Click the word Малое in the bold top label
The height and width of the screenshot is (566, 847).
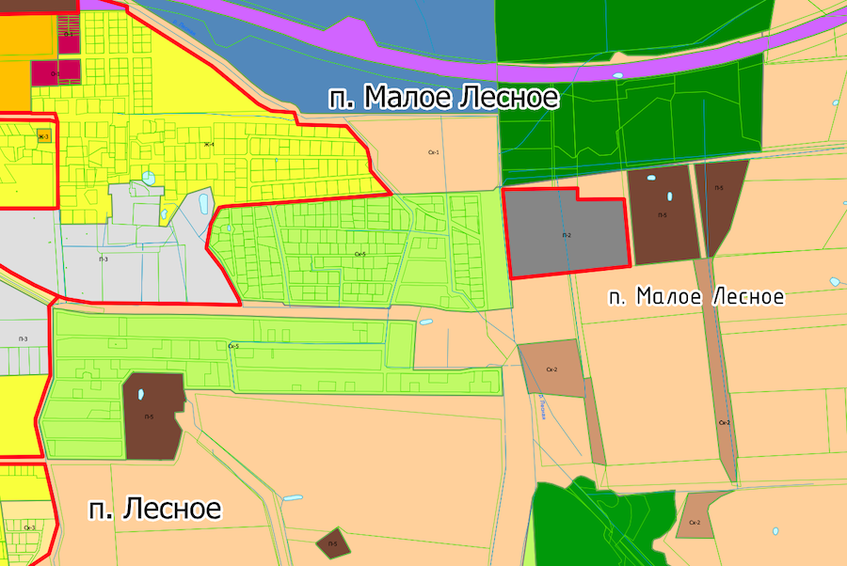[x=408, y=98]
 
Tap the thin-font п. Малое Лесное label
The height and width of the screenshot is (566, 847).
[x=695, y=297]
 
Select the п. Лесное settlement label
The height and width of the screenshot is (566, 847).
[x=155, y=510]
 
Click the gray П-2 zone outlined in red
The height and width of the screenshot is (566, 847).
[x=567, y=234]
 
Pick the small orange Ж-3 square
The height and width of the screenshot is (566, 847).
[x=43, y=137]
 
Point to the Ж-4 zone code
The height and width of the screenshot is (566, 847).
[x=209, y=144]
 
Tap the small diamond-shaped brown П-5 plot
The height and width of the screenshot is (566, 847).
[x=332, y=542]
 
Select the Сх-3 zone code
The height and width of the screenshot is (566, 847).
[x=30, y=527]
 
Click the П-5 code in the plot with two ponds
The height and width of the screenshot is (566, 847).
[x=663, y=215]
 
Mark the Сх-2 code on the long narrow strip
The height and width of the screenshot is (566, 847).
[x=724, y=423]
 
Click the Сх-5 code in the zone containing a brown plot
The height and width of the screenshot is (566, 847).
[x=233, y=346]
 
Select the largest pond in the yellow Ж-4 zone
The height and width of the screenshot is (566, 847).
[x=149, y=178]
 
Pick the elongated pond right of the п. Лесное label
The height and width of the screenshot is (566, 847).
[x=293, y=497]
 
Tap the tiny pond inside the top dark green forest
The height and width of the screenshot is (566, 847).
[x=617, y=75]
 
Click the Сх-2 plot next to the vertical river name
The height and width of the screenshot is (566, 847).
[x=552, y=369]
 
